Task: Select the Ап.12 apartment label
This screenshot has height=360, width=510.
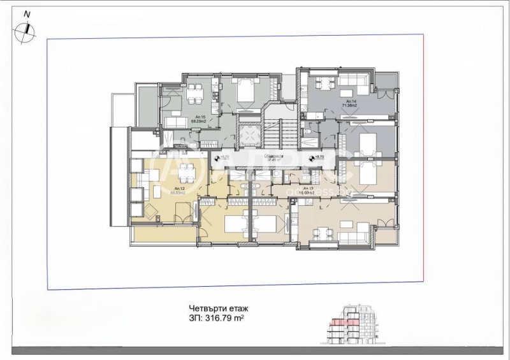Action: pos(180,189)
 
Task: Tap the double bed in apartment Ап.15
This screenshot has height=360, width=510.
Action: pos(245,92)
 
